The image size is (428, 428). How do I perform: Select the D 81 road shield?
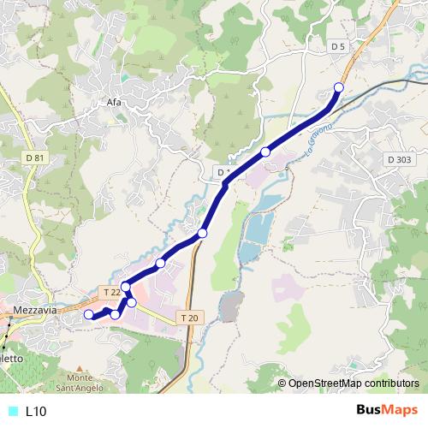34,158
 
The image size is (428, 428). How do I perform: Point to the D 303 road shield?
399,159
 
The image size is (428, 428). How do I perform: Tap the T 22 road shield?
111,292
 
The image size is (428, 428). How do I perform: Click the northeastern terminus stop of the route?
338,87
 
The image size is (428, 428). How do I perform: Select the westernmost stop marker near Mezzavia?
88,315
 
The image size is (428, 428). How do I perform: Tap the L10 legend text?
36,411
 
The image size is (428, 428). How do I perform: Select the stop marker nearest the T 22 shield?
126,286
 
